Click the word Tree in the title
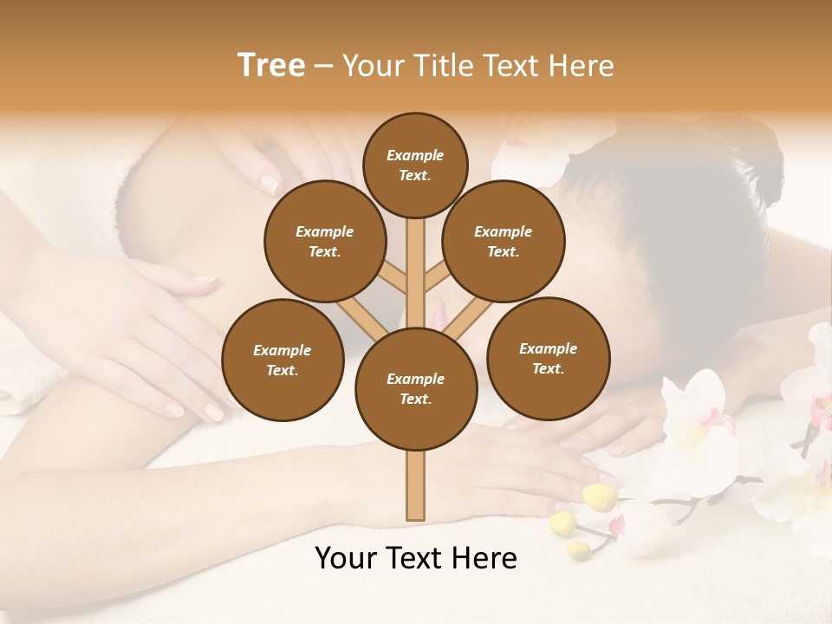click(271, 66)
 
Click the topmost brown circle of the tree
click(415, 165)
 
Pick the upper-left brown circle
click(324, 241)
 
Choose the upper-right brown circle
click(503, 241)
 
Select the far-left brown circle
click(282, 360)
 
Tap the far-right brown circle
click(548, 358)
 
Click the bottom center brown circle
click(415, 388)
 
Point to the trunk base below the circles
click(415, 485)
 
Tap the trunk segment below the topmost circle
click(415, 260)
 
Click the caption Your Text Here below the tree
click(415, 558)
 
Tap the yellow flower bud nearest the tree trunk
click(599, 497)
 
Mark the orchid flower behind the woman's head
click(529, 147)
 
